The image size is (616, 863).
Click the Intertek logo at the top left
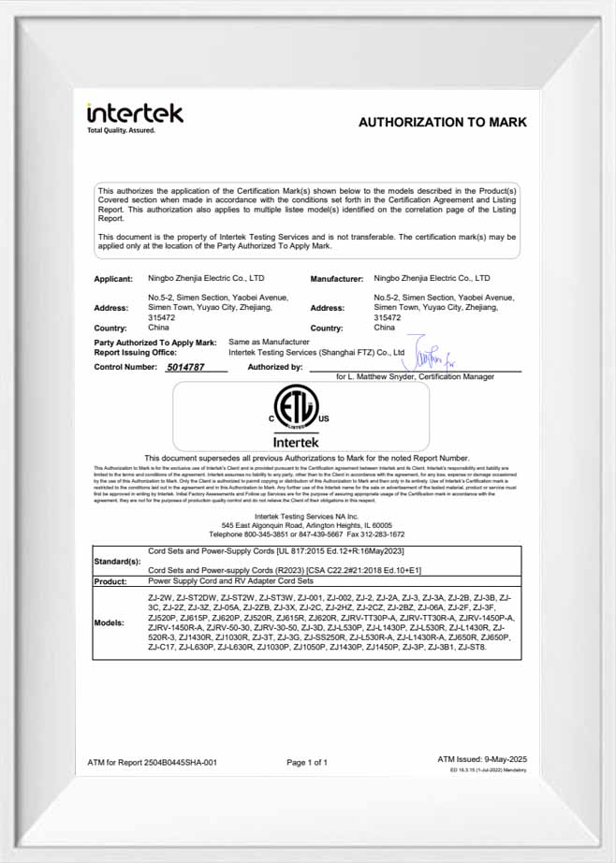coord(135,114)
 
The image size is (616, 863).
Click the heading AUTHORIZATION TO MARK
coord(442,122)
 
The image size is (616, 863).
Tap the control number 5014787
coord(186,368)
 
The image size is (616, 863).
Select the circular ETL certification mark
coord(295,408)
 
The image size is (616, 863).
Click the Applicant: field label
coord(113,279)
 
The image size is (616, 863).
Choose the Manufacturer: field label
coord(336,279)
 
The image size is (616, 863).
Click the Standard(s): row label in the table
coord(118,562)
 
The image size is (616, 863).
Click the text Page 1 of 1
coord(307,763)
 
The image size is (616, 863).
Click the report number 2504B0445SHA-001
coord(183,763)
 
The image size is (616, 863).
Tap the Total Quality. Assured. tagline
coord(122,131)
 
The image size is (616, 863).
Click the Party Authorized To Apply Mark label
coord(155,344)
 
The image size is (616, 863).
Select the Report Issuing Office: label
coord(136,353)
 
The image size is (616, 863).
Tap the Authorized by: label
coord(275,368)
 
